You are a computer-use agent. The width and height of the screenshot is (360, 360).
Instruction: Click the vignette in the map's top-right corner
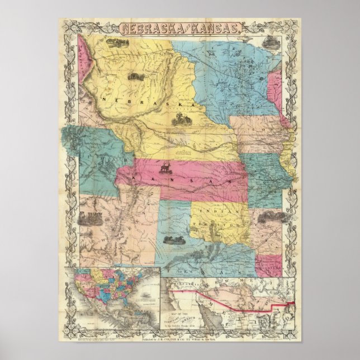coord(271,41)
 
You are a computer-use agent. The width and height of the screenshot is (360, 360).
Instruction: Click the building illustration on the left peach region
coord(89,219)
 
